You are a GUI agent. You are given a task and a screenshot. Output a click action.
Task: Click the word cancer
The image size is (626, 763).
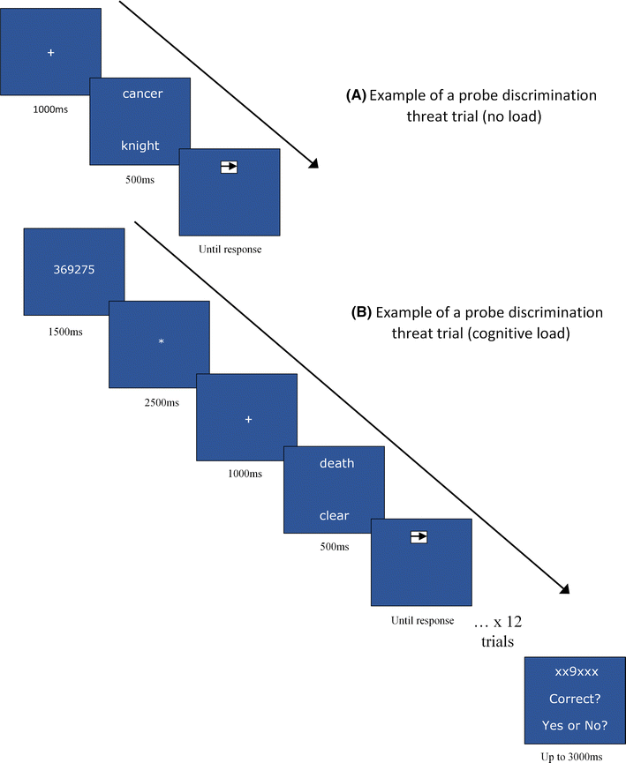click(x=142, y=94)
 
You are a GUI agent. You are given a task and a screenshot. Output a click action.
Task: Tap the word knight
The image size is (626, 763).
click(x=141, y=146)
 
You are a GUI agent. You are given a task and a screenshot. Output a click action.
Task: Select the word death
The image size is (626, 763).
click(x=336, y=463)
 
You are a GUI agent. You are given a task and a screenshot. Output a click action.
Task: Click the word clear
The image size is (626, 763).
click(x=335, y=516)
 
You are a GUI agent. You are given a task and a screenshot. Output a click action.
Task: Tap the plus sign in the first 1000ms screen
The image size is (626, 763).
click(x=50, y=53)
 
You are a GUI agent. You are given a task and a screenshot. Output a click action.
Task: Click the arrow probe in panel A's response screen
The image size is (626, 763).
click(x=230, y=165)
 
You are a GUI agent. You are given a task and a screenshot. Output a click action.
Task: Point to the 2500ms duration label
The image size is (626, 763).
click(x=160, y=403)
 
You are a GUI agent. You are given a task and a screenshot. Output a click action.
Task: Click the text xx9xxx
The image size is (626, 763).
click(x=576, y=672)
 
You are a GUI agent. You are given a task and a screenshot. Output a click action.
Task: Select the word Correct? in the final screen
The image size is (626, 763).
click(x=576, y=699)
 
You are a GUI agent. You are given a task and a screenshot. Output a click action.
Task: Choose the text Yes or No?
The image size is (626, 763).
click(x=576, y=725)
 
